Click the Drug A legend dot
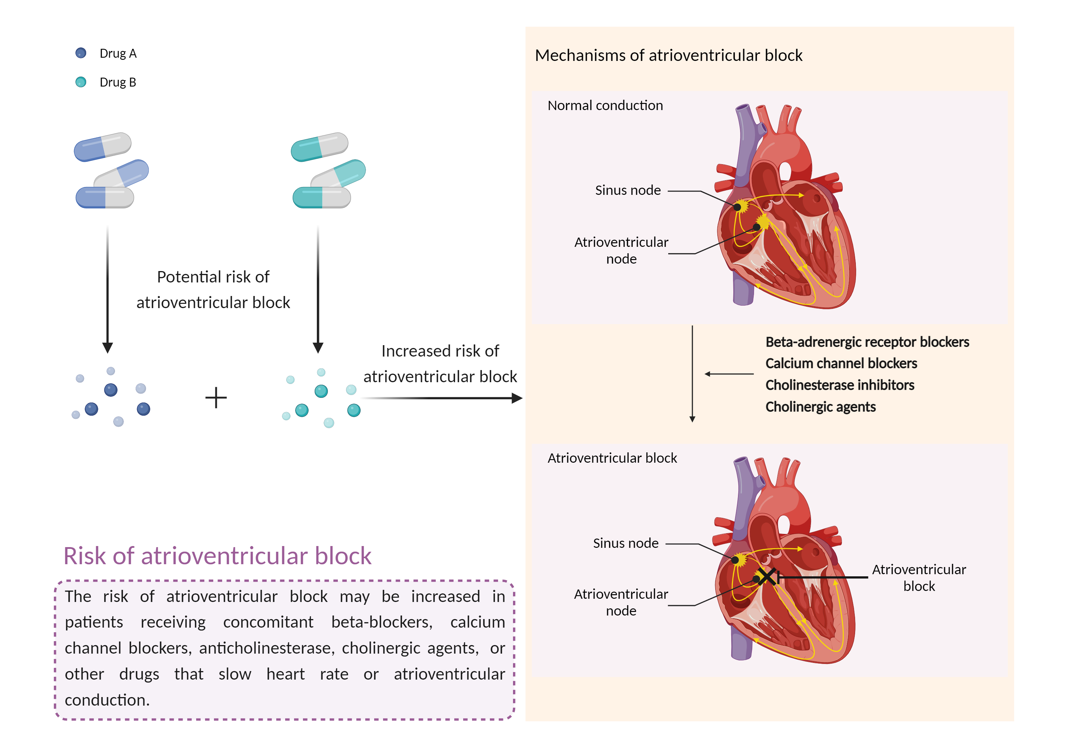pyautogui.click(x=80, y=53)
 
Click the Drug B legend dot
pyautogui.click(x=80, y=82)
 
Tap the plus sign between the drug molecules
pyautogui.click(x=216, y=398)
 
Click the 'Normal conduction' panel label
pyautogui.click(x=605, y=106)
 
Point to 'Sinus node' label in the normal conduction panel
pyautogui.click(x=628, y=190)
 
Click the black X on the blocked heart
pyautogui.click(x=766, y=576)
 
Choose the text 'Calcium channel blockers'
pyautogui.click(x=841, y=364)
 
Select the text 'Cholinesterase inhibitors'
pyautogui.click(x=839, y=385)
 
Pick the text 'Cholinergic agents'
pyautogui.click(x=820, y=407)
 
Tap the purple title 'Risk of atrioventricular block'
pyautogui.click(x=217, y=556)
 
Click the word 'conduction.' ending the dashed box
pyautogui.click(x=107, y=700)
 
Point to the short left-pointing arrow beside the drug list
pyautogui.click(x=728, y=374)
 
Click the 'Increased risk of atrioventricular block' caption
pyautogui.click(x=440, y=364)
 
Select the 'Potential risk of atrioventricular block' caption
pyautogui.click(x=213, y=290)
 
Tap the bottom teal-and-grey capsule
pyautogui.click(x=321, y=197)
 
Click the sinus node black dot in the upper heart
pyautogui.click(x=737, y=207)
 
